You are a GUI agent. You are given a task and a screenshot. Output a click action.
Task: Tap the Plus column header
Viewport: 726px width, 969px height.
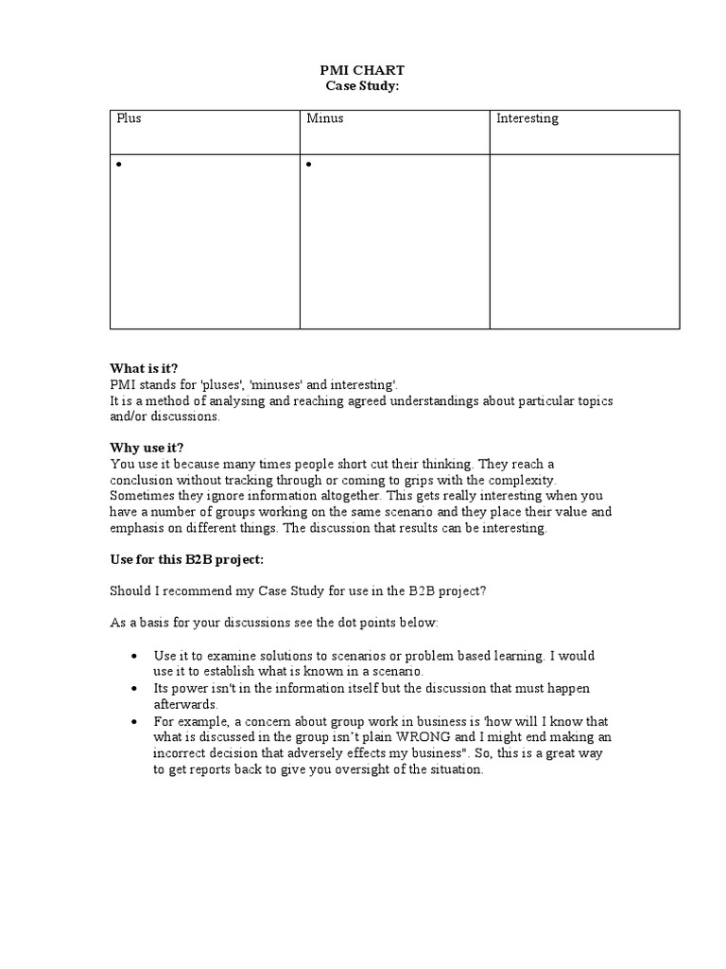(129, 119)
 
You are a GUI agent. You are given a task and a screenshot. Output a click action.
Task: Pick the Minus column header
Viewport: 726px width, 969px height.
(324, 119)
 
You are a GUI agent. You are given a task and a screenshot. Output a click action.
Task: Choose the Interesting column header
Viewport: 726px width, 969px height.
(527, 119)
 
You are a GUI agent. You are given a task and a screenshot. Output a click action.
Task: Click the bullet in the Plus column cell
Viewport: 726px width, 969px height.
(120, 166)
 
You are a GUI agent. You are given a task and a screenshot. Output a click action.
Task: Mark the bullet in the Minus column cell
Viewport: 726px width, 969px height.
(310, 166)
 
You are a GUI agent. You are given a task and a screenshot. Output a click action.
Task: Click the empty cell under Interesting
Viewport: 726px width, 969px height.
(583, 241)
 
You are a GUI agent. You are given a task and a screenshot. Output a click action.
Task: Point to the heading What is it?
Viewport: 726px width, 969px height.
(144, 368)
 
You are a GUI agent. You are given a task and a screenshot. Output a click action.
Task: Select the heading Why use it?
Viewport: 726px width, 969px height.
(147, 447)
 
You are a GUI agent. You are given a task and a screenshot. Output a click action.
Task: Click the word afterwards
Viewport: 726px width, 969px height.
(185, 704)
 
